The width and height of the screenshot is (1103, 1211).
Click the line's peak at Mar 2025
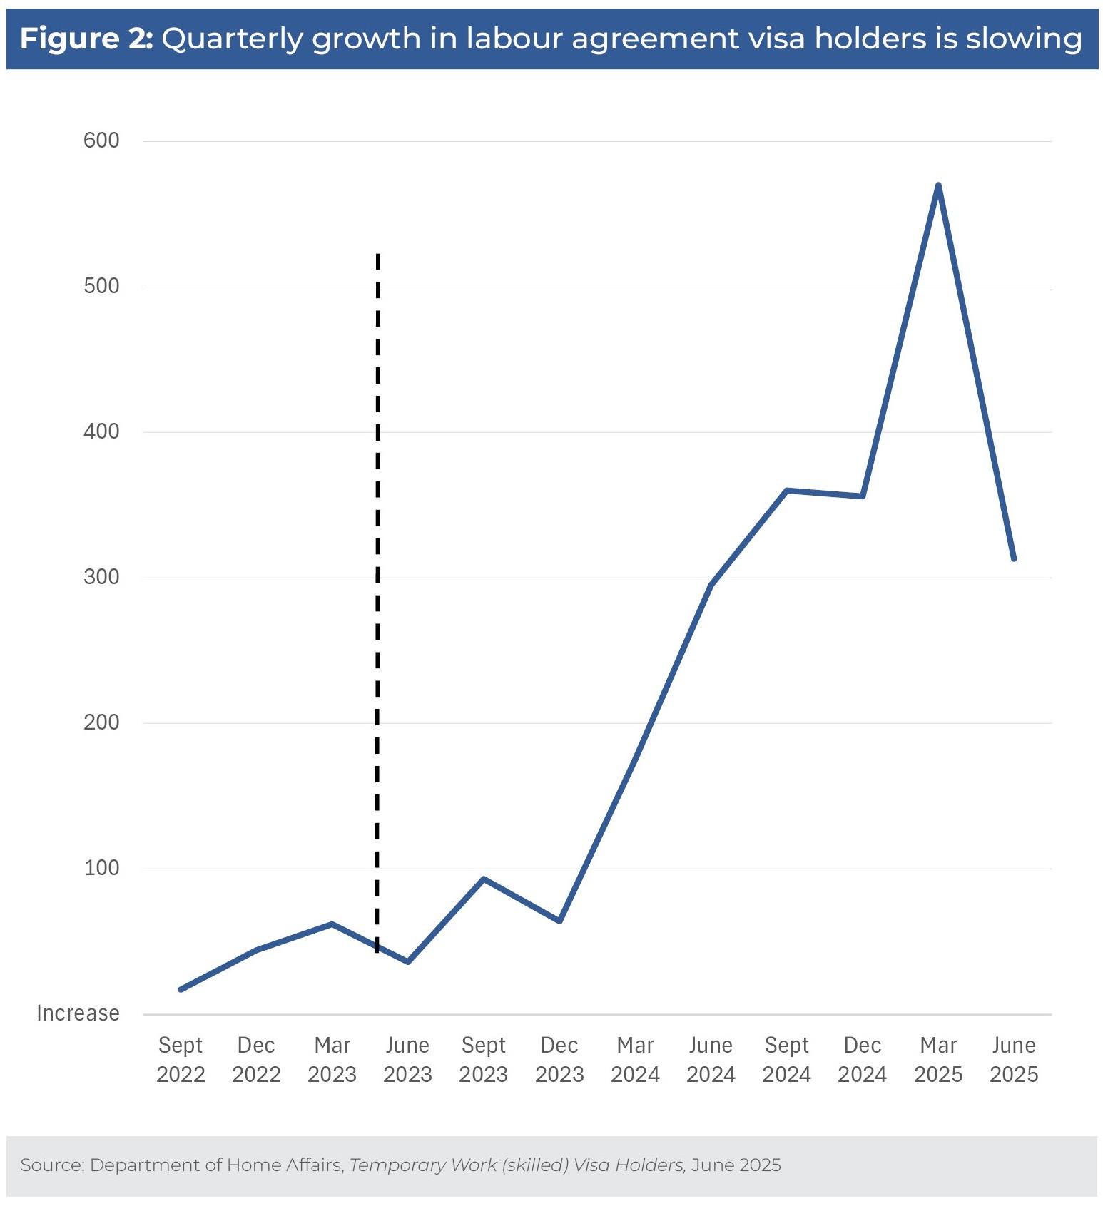tap(937, 185)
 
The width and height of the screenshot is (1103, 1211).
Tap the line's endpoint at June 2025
tap(1013, 558)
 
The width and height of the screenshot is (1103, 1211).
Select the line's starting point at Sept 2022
tap(181, 989)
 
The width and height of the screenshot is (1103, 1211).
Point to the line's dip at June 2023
tap(407, 961)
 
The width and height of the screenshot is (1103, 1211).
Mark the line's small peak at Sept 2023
tap(484, 879)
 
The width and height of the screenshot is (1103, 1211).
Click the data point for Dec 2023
tap(559, 921)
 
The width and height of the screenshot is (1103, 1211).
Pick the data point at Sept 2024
tap(786, 491)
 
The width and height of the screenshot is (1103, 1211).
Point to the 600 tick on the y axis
tap(101, 140)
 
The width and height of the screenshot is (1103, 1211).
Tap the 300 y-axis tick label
tap(101, 577)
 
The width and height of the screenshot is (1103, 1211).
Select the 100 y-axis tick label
tap(101, 868)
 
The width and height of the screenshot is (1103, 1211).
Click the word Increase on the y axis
tap(78, 1013)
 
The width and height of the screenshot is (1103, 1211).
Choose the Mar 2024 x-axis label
tap(635, 1060)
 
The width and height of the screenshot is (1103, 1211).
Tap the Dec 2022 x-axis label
tap(256, 1060)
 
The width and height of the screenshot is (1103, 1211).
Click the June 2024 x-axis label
tap(711, 1060)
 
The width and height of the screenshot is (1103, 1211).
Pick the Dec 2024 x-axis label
tap(862, 1060)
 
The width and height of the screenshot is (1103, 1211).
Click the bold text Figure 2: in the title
tap(86, 39)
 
